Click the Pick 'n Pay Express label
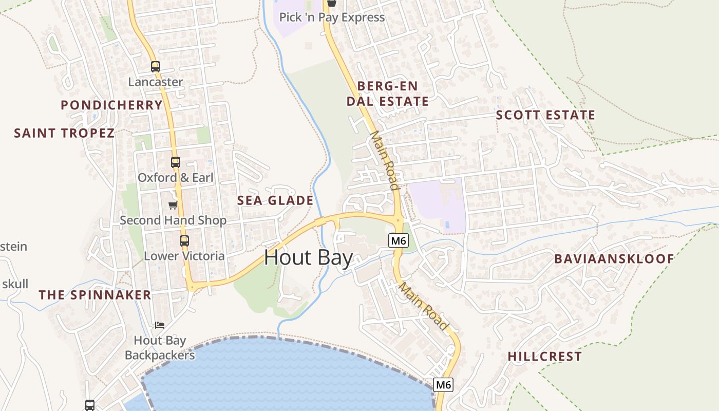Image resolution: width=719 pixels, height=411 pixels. tap(332, 17)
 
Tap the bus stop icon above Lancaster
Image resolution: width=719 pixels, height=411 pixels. tap(155, 66)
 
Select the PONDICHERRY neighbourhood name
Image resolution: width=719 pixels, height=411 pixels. tap(111, 105)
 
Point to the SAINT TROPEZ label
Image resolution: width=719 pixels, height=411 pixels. tap(64, 133)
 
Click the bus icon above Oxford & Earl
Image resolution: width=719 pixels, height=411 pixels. tap(176, 162)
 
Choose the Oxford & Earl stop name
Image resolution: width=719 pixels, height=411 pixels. tap(175, 178)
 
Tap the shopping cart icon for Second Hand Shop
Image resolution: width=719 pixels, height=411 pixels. tap(173, 206)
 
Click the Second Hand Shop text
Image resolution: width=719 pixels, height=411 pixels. tap(173, 220)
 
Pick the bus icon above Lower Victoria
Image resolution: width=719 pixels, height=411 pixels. tap(184, 240)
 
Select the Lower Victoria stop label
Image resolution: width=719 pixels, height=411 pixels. tap(184, 256)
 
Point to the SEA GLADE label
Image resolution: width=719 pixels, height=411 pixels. tap(275, 200)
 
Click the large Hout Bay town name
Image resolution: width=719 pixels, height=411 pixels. tap(308, 257)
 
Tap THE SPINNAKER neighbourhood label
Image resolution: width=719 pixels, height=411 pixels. tap(95, 295)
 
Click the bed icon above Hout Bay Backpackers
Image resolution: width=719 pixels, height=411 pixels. tap(160, 325)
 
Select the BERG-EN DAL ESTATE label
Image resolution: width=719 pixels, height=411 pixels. tap(387, 94)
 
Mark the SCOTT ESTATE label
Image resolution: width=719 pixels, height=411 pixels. tap(545, 115)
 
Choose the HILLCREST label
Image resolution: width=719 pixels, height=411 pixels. tap(545, 357)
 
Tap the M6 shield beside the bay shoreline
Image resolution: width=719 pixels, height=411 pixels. tap(444, 384)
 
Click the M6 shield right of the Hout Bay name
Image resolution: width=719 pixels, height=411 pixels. tap(399, 240)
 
